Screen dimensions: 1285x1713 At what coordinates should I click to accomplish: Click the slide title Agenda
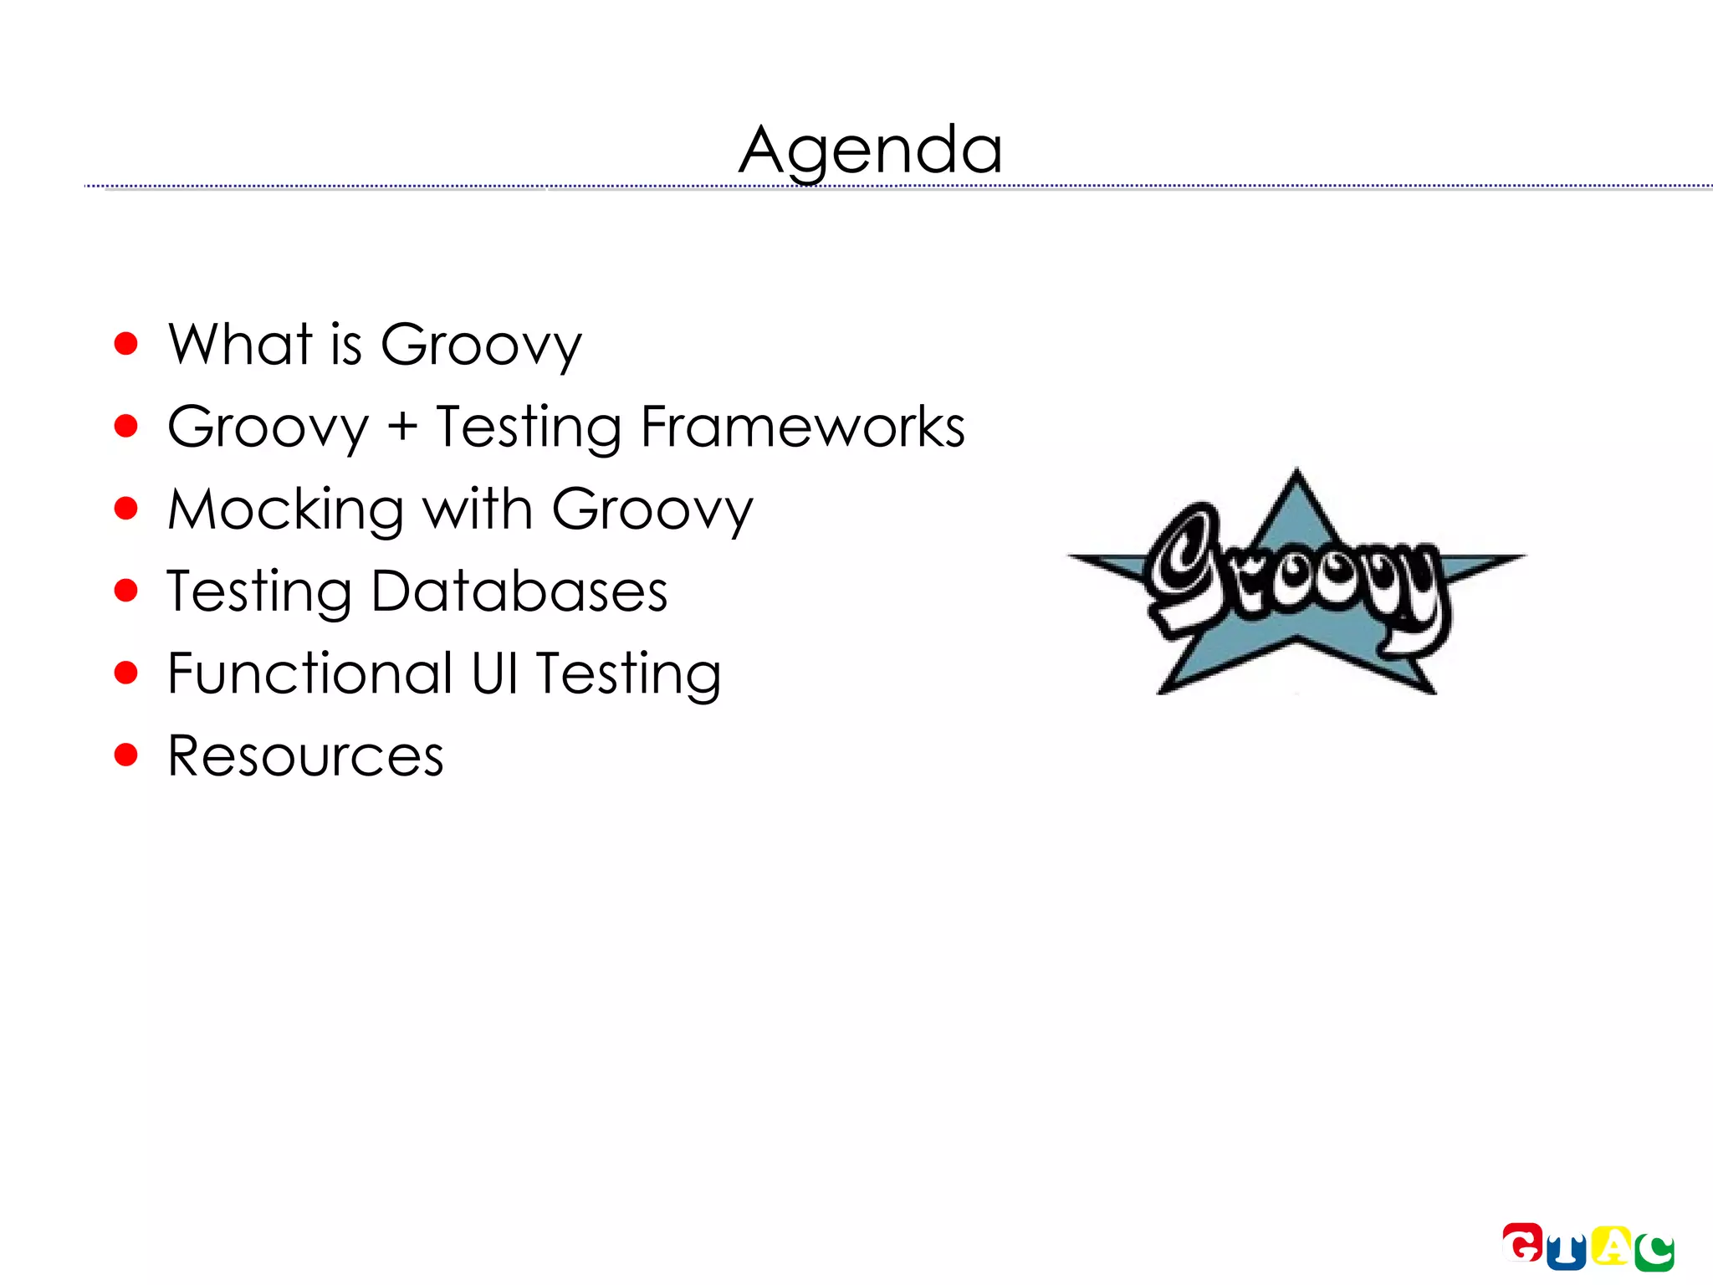coord(870,150)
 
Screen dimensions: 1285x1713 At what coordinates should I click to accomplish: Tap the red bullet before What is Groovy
coord(125,344)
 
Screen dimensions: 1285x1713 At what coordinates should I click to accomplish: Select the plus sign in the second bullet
coord(402,427)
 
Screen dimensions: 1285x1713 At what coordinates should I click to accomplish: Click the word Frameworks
coord(802,427)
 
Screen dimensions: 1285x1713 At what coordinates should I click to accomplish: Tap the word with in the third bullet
coord(478,509)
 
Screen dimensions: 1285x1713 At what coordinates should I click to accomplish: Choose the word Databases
coord(519,591)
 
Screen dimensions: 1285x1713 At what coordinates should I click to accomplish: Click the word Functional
coord(309,673)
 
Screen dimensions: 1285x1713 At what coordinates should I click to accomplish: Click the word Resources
coord(305,756)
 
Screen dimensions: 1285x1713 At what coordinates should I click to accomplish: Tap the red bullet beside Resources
coord(125,755)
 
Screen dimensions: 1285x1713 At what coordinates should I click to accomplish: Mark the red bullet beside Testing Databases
coord(125,591)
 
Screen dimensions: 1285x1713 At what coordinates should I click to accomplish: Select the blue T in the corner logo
coord(1566,1253)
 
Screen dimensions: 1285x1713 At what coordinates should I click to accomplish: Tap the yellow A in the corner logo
coord(1611,1247)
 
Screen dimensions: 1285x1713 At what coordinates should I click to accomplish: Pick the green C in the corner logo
coord(1654,1252)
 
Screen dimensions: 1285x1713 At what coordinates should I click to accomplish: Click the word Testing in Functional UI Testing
coord(628,673)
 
